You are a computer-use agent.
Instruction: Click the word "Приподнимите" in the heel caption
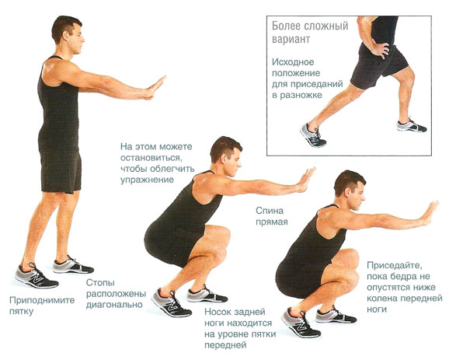pyautogui.click(x=42, y=300)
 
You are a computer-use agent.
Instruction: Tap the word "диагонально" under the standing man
pyautogui.click(x=114, y=305)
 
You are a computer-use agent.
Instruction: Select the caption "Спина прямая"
pyautogui.click(x=272, y=216)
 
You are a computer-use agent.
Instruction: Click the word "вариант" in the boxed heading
pyautogui.click(x=291, y=39)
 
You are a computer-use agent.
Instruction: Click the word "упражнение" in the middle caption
pyautogui.click(x=147, y=180)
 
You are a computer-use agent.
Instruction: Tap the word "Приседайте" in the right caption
pyautogui.click(x=394, y=265)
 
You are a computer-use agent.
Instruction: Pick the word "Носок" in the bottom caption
pyautogui.click(x=218, y=312)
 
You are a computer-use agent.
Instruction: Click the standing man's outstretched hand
pyautogui.click(x=155, y=87)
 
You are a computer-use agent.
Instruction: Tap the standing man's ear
pyautogui.click(x=67, y=36)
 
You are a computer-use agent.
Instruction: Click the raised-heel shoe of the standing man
pyautogui.click(x=37, y=276)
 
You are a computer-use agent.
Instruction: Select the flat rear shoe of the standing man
pyautogui.click(x=73, y=264)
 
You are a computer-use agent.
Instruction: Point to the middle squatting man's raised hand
pyautogui.click(x=306, y=179)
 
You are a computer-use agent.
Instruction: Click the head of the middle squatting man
pyautogui.click(x=226, y=156)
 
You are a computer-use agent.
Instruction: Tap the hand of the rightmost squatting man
pyautogui.click(x=430, y=213)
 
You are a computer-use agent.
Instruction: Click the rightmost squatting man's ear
pyautogui.click(x=347, y=192)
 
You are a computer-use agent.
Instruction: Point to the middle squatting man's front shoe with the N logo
pyautogui.click(x=171, y=302)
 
